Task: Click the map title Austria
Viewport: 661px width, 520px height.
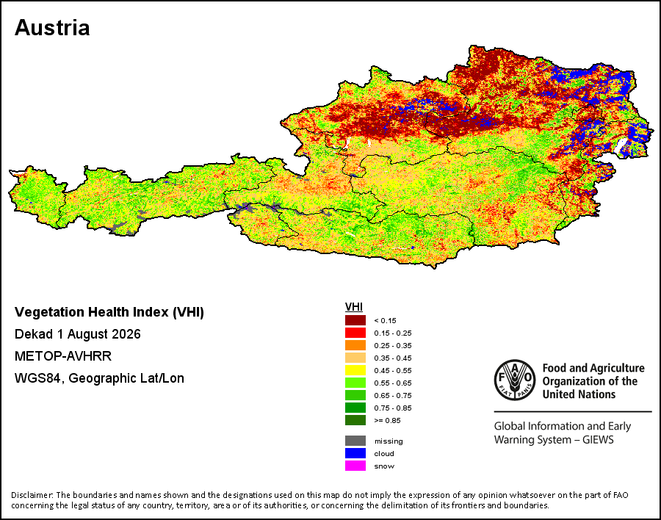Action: pos(52,28)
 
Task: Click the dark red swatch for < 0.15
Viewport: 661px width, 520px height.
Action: pos(355,320)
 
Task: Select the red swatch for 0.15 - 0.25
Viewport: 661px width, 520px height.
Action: pos(355,333)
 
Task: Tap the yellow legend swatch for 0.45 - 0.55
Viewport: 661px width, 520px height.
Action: pos(355,370)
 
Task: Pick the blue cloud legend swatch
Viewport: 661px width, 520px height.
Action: pos(355,453)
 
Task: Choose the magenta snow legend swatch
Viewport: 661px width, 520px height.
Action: pos(355,466)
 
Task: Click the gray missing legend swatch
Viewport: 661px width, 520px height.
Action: pos(355,441)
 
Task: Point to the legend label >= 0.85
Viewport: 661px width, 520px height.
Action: pos(387,420)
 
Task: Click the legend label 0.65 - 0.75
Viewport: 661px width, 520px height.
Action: pos(393,396)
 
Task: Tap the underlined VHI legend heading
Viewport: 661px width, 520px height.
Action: pos(354,307)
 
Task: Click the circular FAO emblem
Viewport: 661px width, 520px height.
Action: pos(515,380)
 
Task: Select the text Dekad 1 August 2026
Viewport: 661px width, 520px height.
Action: pos(78,334)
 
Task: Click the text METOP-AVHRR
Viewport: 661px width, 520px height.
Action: pos(63,356)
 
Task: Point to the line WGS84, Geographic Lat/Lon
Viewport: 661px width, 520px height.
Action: pos(99,378)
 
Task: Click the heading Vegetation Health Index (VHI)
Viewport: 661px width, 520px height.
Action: pos(109,312)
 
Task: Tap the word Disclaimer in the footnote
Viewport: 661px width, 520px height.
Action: pos(32,495)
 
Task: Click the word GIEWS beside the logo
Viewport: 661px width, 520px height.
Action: pos(598,440)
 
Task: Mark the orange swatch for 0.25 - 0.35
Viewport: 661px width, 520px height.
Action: pos(355,345)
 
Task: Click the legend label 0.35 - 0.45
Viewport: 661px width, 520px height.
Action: pos(393,358)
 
